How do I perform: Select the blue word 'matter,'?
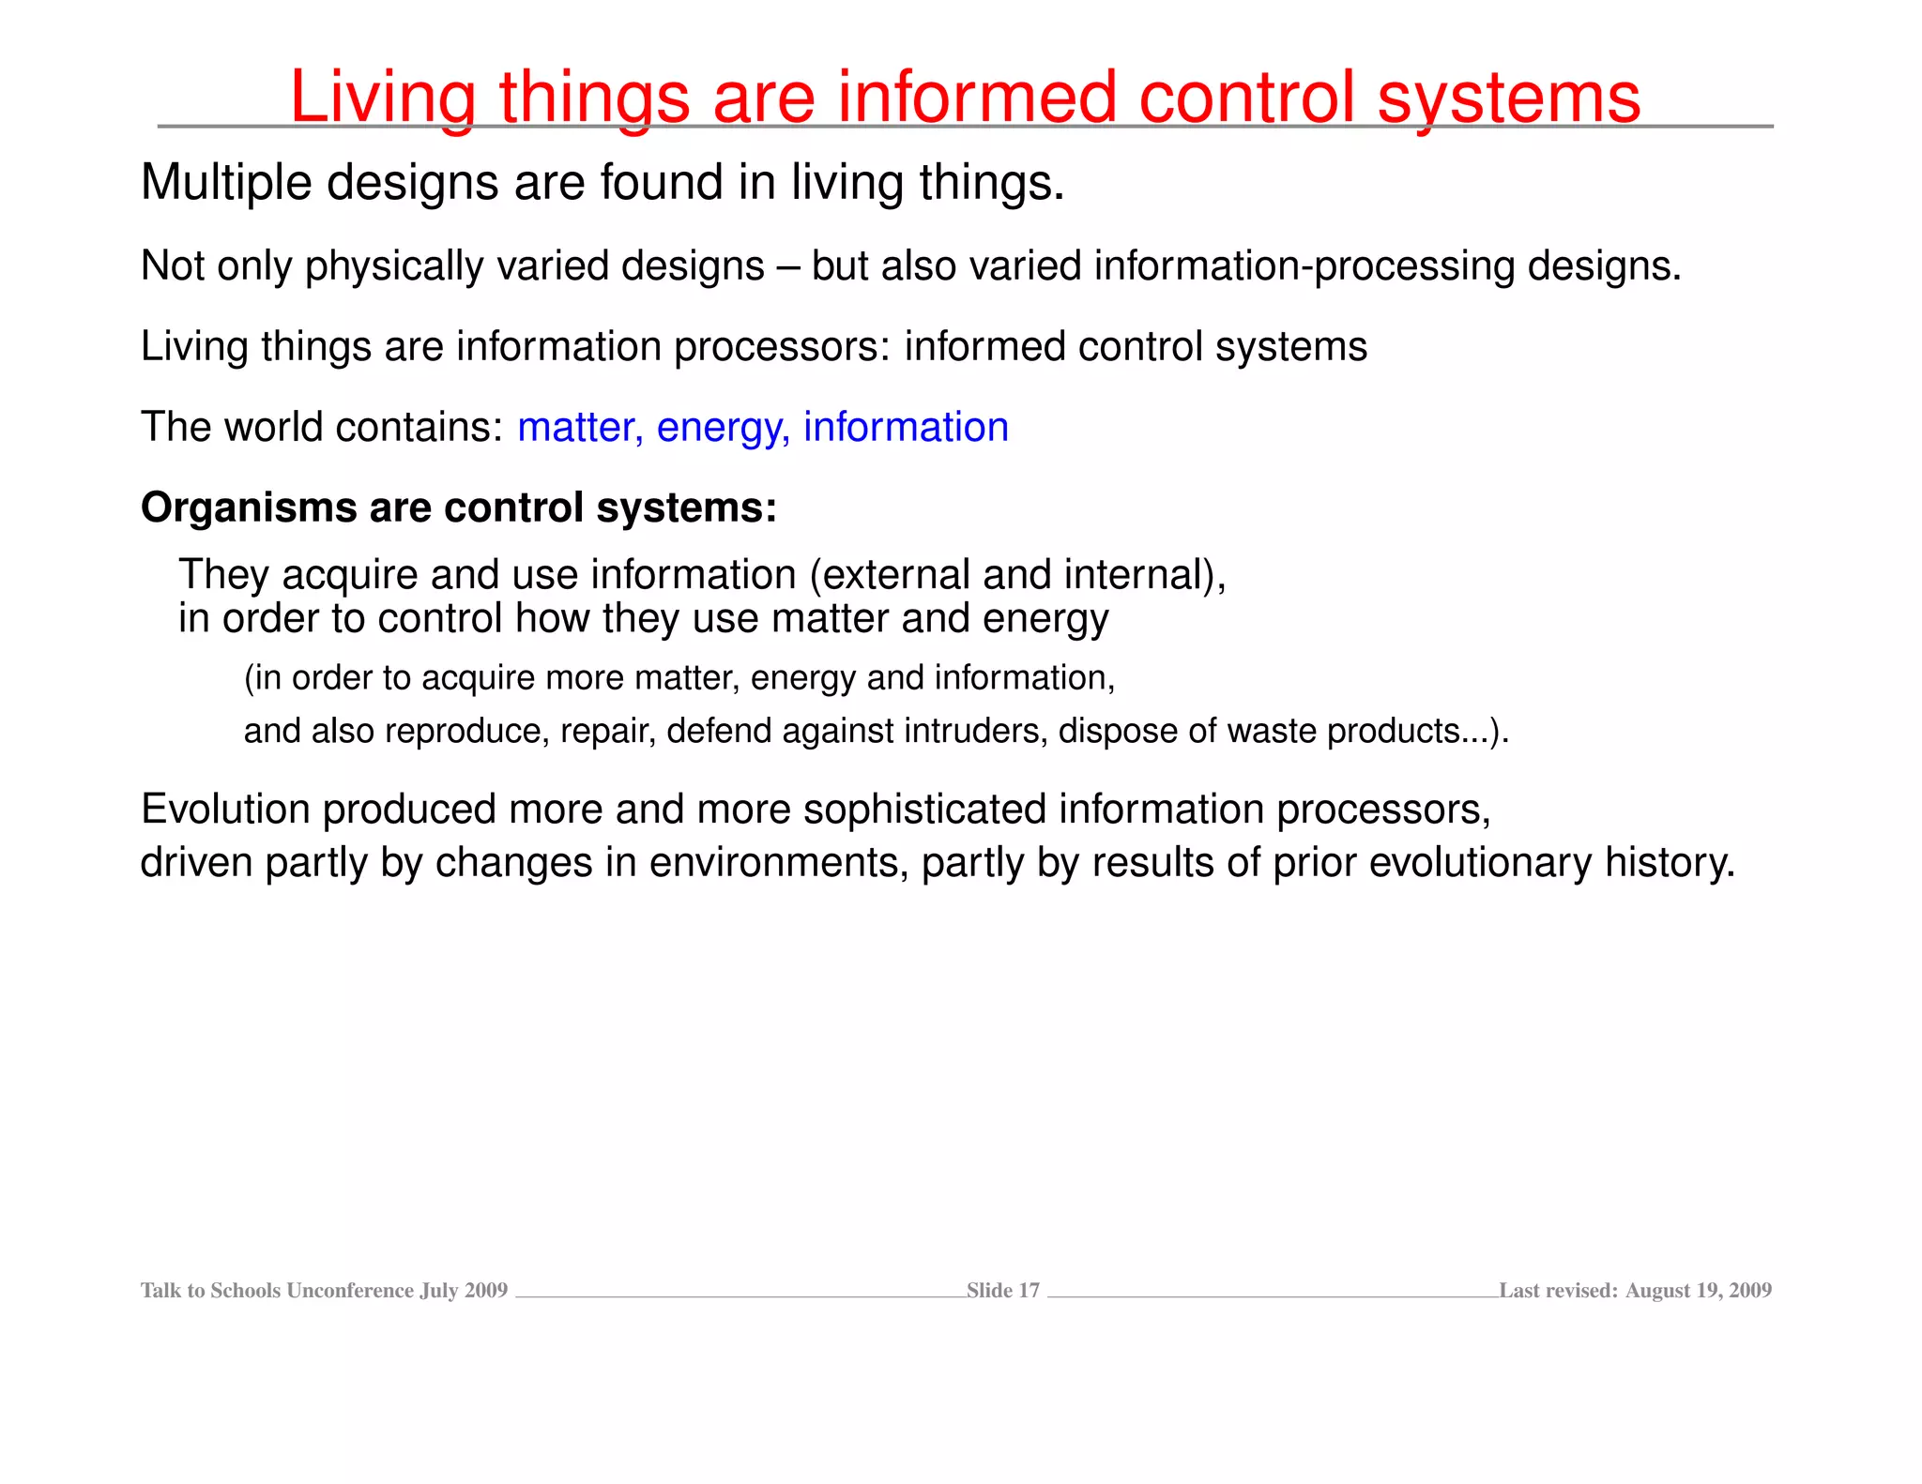pyautogui.click(x=580, y=428)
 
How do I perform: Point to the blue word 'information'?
pyautogui.click(x=906, y=428)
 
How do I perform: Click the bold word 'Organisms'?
pyautogui.click(x=248, y=508)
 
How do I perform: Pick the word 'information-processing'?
pyautogui.click(x=1304, y=266)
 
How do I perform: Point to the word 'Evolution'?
pyautogui.click(x=225, y=810)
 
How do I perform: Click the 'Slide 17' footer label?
pyautogui.click(x=1003, y=1291)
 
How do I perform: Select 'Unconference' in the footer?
pyautogui.click(x=350, y=1291)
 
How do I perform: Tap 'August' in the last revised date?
pyautogui.click(x=1657, y=1291)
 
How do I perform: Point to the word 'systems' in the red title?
pyautogui.click(x=1508, y=98)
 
